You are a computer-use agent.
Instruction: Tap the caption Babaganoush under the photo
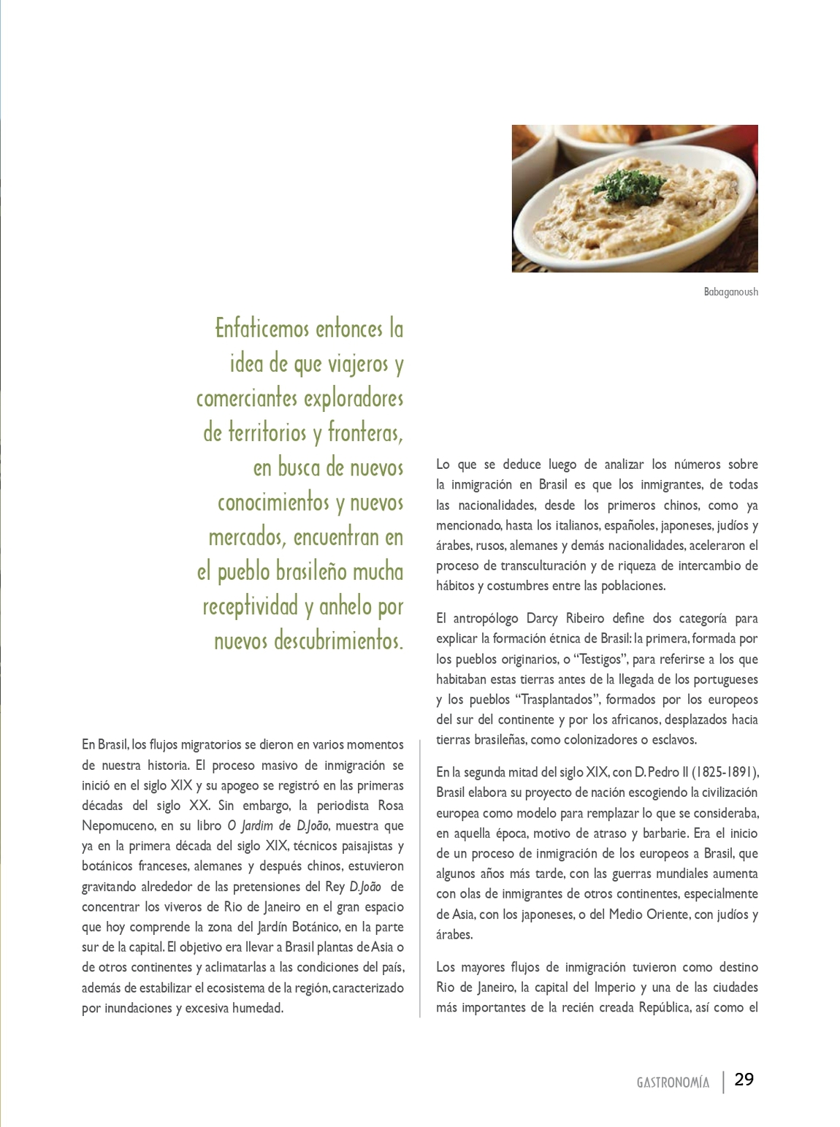pos(730,292)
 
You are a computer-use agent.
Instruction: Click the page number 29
pos(744,1080)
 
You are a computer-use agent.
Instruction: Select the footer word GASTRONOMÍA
pos(672,1082)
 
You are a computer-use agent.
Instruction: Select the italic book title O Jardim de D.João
pos(279,826)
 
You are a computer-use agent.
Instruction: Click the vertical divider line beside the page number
pos(724,1081)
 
